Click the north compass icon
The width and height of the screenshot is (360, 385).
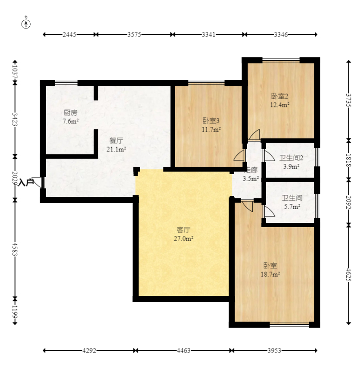(x=26, y=24)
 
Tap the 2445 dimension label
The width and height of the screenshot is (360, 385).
(x=69, y=34)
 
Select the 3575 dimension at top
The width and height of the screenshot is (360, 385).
(x=134, y=34)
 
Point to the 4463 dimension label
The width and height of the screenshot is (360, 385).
(x=184, y=351)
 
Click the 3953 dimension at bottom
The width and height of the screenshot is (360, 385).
(x=274, y=351)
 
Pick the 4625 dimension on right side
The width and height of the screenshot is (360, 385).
(x=349, y=275)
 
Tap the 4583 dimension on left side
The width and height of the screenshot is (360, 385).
(x=15, y=249)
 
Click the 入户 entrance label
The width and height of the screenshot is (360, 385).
(x=26, y=182)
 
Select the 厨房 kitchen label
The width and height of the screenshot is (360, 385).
(x=70, y=113)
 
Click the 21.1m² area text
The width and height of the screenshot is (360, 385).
(x=116, y=149)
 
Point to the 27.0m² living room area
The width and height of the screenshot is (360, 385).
(x=184, y=238)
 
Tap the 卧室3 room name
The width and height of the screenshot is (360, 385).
(x=211, y=121)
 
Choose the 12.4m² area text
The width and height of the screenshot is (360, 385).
(x=280, y=105)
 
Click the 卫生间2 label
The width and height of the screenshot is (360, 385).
(x=291, y=158)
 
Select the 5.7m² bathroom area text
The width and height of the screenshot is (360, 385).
(x=292, y=207)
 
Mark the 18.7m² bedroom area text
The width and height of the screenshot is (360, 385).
(x=270, y=274)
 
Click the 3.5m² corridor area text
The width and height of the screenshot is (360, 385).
(x=251, y=178)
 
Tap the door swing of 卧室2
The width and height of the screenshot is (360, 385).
(x=254, y=135)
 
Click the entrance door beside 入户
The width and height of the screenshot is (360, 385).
(x=38, y=182)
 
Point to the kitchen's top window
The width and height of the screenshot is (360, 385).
(x=66, y=83)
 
